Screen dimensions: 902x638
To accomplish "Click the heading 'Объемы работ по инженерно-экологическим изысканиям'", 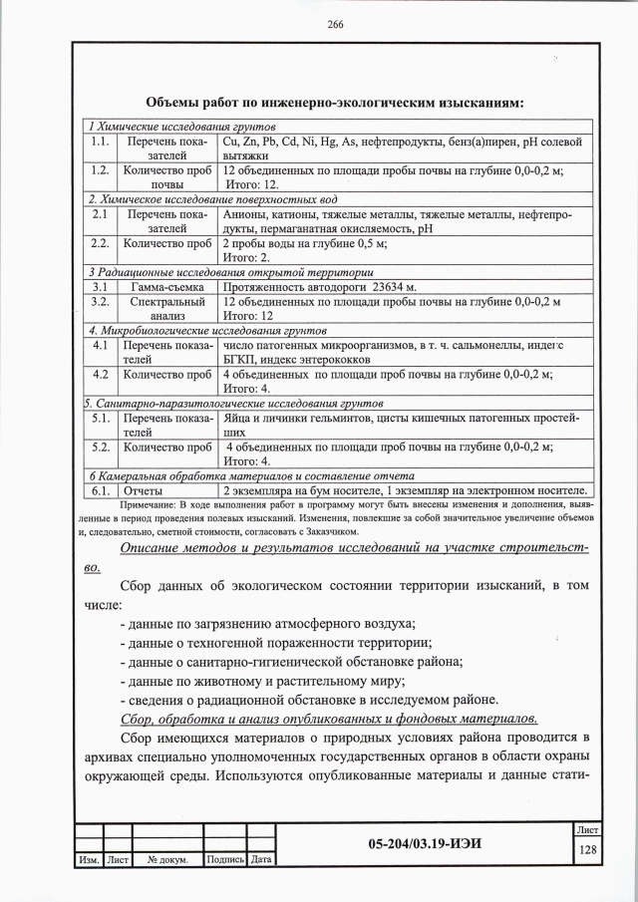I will [x=334, y=102].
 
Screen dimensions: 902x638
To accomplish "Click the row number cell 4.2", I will [x=99, y=374].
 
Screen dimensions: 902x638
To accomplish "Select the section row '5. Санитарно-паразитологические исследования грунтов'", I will [x=233, y=404].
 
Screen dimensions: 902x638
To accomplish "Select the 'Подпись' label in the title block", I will [x=224, y=860].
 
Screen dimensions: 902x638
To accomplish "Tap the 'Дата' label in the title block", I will [x=262, y=860].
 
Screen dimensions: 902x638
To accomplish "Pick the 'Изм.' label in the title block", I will [x=87, y=860].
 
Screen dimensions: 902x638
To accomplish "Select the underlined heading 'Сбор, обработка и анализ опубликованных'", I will [x=329, y=719].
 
